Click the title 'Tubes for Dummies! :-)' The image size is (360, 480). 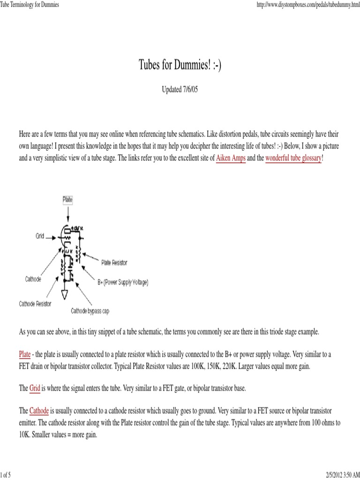tap(180, 65)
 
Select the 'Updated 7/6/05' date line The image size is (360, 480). tap(180, 89)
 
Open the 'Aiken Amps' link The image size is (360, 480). tap(231, 158)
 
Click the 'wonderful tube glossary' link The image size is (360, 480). tap(293, 158)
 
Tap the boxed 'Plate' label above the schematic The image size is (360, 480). tap(68, 199)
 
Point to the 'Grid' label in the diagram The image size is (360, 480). tap(40, 236)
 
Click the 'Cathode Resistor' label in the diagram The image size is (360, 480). tap(35, 303)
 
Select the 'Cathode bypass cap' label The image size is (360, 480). tap(90, 311)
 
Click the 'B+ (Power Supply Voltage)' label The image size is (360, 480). tap(123, 282)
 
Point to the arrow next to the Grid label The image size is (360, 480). tap(53, 237)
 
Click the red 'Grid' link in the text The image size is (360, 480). tap(35, 389)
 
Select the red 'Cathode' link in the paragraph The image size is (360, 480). tap(39, 411)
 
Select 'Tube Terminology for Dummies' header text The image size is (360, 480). tap(30, 4)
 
